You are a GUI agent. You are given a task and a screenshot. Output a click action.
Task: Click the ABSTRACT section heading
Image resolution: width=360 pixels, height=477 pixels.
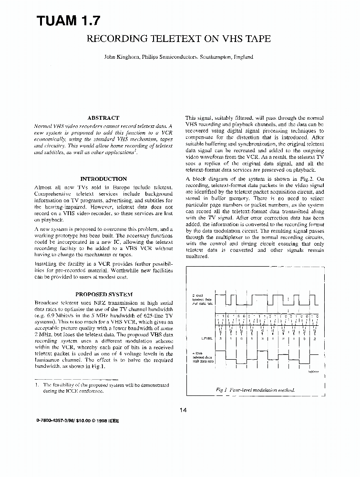coord(103,117)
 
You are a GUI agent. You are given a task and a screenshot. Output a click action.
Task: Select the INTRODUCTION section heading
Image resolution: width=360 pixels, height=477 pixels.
coord(103,179)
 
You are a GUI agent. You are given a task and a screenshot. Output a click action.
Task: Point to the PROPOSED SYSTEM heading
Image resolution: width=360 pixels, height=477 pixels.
coord(103,295)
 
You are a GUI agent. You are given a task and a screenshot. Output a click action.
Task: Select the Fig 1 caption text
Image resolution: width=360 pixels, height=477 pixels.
coord(255,390)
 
